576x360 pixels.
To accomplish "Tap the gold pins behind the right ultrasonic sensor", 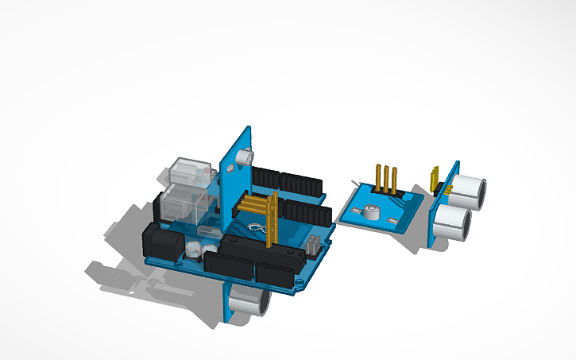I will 435,179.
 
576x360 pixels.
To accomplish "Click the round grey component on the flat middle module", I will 369,212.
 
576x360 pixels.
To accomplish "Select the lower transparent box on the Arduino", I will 184,205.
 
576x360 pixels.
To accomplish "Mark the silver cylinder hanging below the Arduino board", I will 247,300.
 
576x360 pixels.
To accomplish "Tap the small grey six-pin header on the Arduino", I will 315,243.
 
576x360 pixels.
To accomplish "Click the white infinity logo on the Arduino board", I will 257,230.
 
